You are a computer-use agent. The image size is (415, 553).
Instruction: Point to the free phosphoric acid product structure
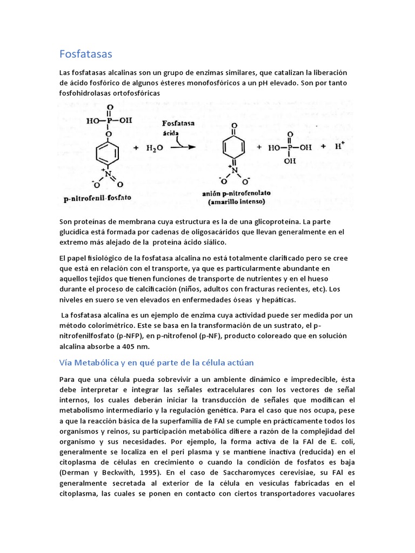pos(291,147)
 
